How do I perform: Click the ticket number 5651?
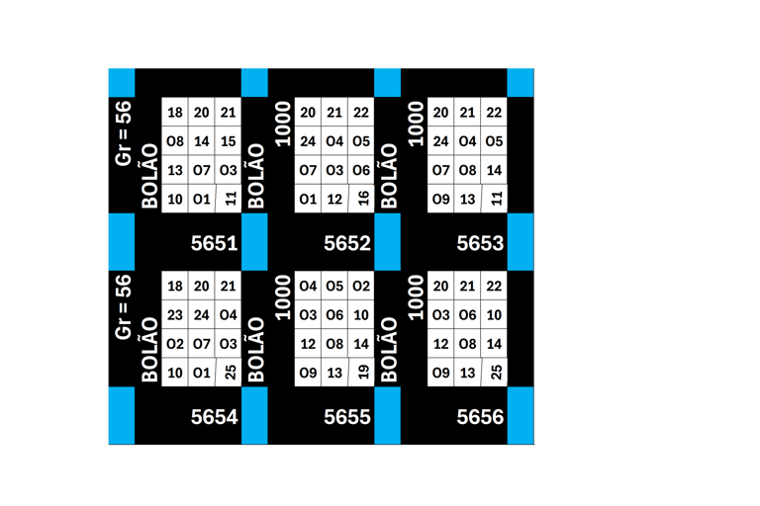[215, 243]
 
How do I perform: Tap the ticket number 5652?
[347, 243]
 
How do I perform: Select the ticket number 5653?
[481, 243]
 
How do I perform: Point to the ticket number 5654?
[215, 417]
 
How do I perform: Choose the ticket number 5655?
[347, 417]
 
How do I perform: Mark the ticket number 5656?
[481, 417]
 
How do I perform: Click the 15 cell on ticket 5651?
[229, 141]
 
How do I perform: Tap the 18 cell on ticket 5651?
[175, 113]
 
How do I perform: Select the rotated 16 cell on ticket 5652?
[362, 199]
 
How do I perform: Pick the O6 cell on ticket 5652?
[361, 170]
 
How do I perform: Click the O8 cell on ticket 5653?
[468, 170]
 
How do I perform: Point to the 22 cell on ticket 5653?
[495, 113]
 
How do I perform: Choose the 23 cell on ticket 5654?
[175, 315]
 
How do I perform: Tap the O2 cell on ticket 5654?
[175, 344]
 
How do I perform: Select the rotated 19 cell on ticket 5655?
[362, 373]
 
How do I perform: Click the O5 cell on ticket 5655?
[334, 287]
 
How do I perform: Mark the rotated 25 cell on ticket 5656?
[496, 373]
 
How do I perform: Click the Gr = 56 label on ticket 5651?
[124, 132]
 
